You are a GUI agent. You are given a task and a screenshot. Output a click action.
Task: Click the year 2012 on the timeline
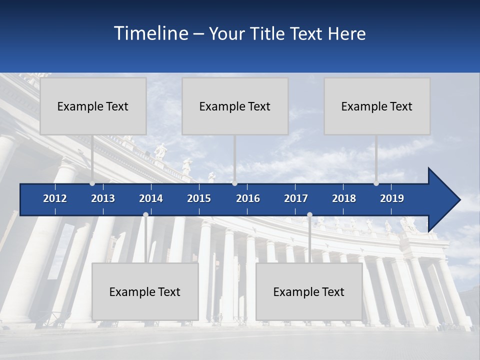[55, 198]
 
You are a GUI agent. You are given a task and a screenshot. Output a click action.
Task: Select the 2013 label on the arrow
[103, 198]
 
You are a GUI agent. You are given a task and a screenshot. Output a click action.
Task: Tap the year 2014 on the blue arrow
[151, 198]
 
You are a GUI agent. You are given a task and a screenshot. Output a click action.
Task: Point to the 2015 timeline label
[199, 198]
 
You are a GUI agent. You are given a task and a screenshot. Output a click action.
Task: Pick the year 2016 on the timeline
[248, 198]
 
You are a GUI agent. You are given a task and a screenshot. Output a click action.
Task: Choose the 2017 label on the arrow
[296, 198]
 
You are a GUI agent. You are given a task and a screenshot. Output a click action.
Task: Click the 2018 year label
[344, 198]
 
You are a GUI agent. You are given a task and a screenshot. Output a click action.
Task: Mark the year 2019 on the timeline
[392, 198]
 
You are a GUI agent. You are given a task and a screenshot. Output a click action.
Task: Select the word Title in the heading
[269, 33]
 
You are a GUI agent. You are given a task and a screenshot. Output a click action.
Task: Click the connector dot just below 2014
[145, 214]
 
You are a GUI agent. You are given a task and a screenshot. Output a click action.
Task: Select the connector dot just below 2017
[309, 214]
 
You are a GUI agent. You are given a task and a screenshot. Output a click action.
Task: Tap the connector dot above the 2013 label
[92, 183]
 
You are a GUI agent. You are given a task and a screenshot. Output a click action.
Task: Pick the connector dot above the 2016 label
[234, 183]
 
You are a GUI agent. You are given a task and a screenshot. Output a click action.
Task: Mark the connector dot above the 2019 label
[376, 183]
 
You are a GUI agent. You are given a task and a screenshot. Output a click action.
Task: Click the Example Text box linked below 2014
[145, 291]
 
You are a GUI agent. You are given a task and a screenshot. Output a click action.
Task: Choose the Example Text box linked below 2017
[309, 291]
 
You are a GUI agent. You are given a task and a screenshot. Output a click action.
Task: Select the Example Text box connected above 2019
[377, 106]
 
